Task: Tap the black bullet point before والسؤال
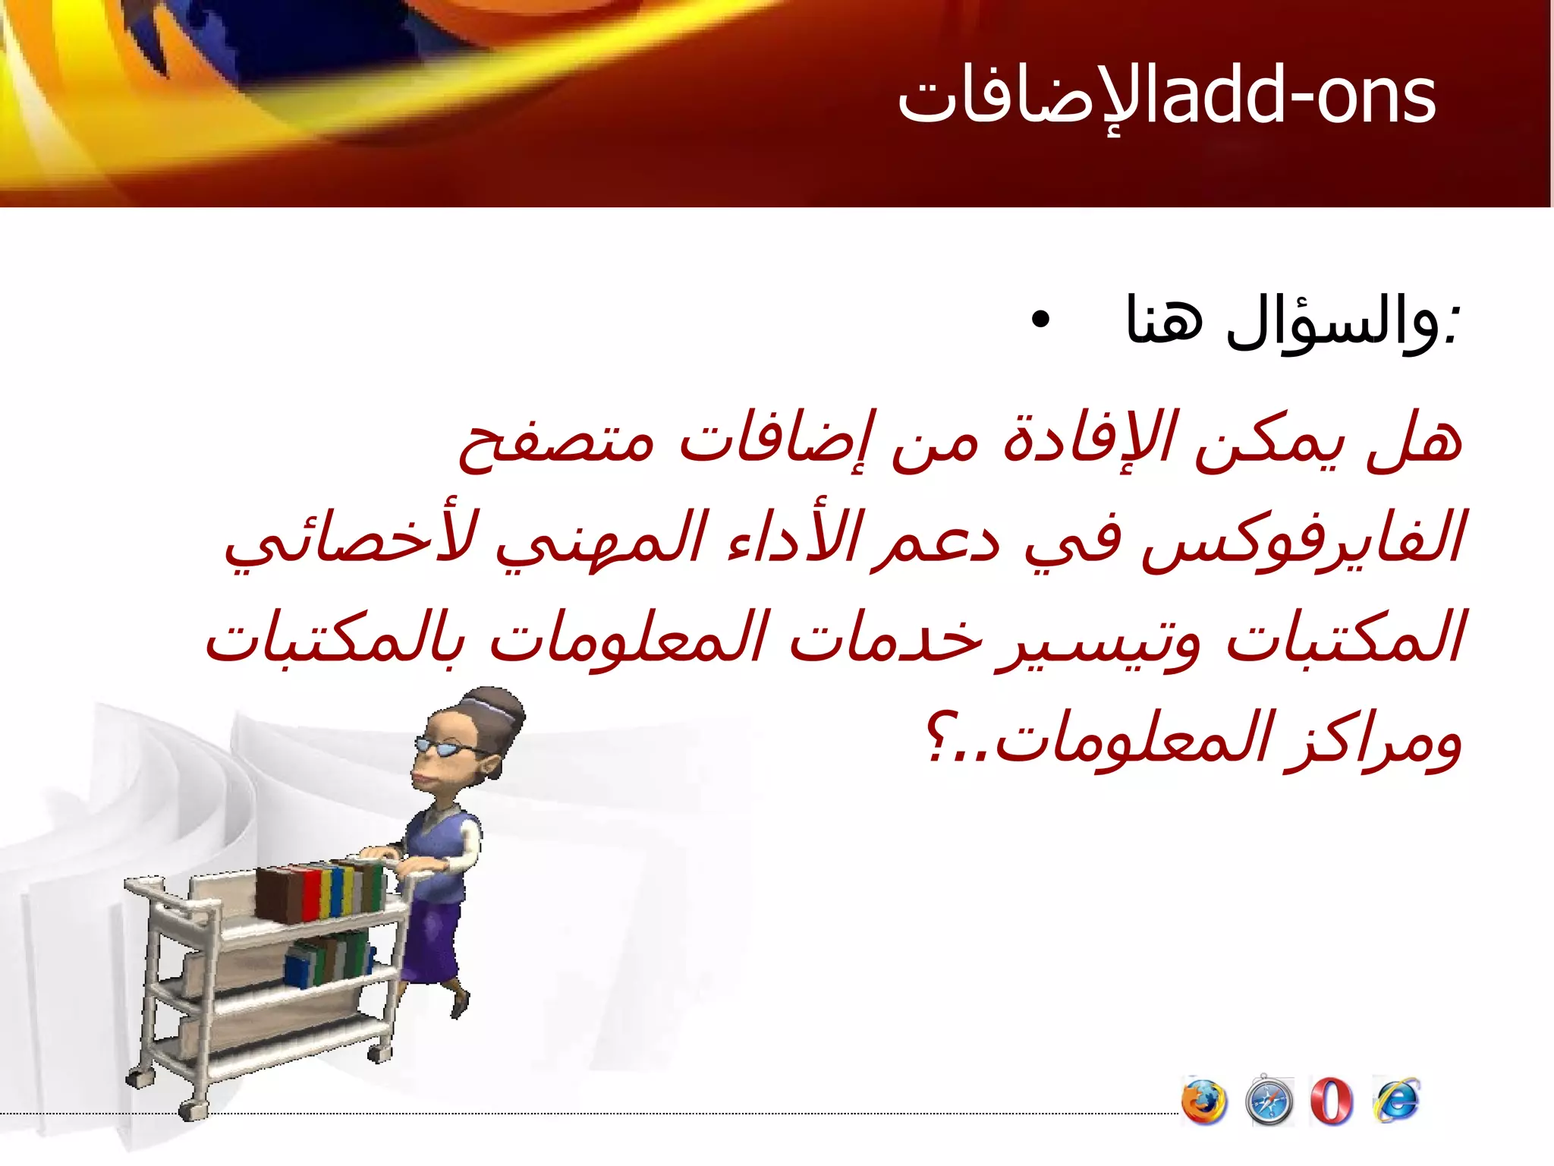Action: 1041,320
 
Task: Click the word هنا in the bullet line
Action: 1165,319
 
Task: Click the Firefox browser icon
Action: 1204,1101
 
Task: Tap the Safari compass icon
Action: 1269,1101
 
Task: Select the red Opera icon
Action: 1332,1101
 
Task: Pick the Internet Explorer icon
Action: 1396,1100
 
